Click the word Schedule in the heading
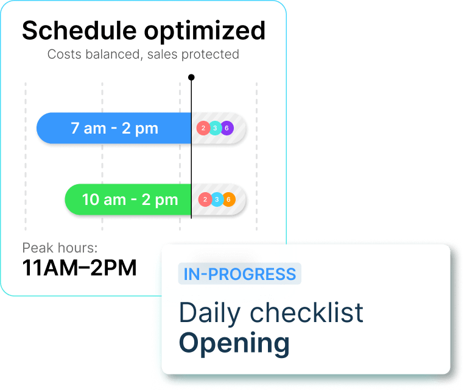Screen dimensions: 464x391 pos(79,30)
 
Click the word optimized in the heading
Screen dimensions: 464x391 pos(205,32)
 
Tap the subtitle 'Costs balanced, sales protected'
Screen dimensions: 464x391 pos(143,54)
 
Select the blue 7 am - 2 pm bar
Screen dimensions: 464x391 pos(114,128)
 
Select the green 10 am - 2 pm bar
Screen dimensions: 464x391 pos(128,199)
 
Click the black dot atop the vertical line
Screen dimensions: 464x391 pos(191,77)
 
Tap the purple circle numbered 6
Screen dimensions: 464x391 pos(227,128)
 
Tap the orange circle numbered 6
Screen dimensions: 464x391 pos(229,199)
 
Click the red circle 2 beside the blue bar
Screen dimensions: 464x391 pos(203,128)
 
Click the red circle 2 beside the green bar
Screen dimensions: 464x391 pos(205,199)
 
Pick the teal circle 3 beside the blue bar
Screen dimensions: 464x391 pos(215,128)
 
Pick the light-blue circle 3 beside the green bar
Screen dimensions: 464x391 pos(217,199)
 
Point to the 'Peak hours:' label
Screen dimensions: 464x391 pos(60,248)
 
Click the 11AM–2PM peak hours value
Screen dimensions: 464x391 pos(79,268)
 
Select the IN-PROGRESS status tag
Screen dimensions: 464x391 pos(240,274)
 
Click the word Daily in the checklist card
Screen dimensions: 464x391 pos(209,314)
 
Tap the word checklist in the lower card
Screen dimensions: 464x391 pos(306,312)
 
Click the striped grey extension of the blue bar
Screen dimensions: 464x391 pos(219,128)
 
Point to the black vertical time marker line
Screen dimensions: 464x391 pos(191,148)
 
